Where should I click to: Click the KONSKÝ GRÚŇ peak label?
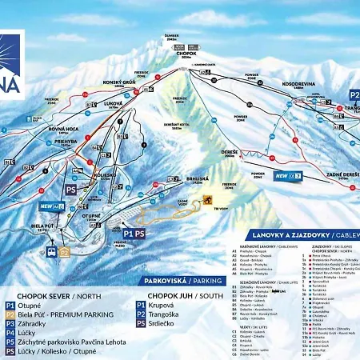tap(118, 82)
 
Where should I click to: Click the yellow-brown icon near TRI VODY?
tap(208, 200)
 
